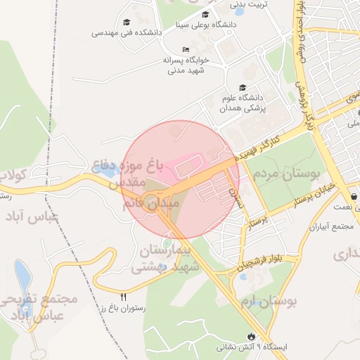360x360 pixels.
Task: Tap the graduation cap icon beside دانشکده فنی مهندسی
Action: (127, 22)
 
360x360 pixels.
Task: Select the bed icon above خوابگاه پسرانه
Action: (185, 49)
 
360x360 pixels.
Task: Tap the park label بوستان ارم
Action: (269, 302)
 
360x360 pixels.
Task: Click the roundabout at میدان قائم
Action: (150, 204)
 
